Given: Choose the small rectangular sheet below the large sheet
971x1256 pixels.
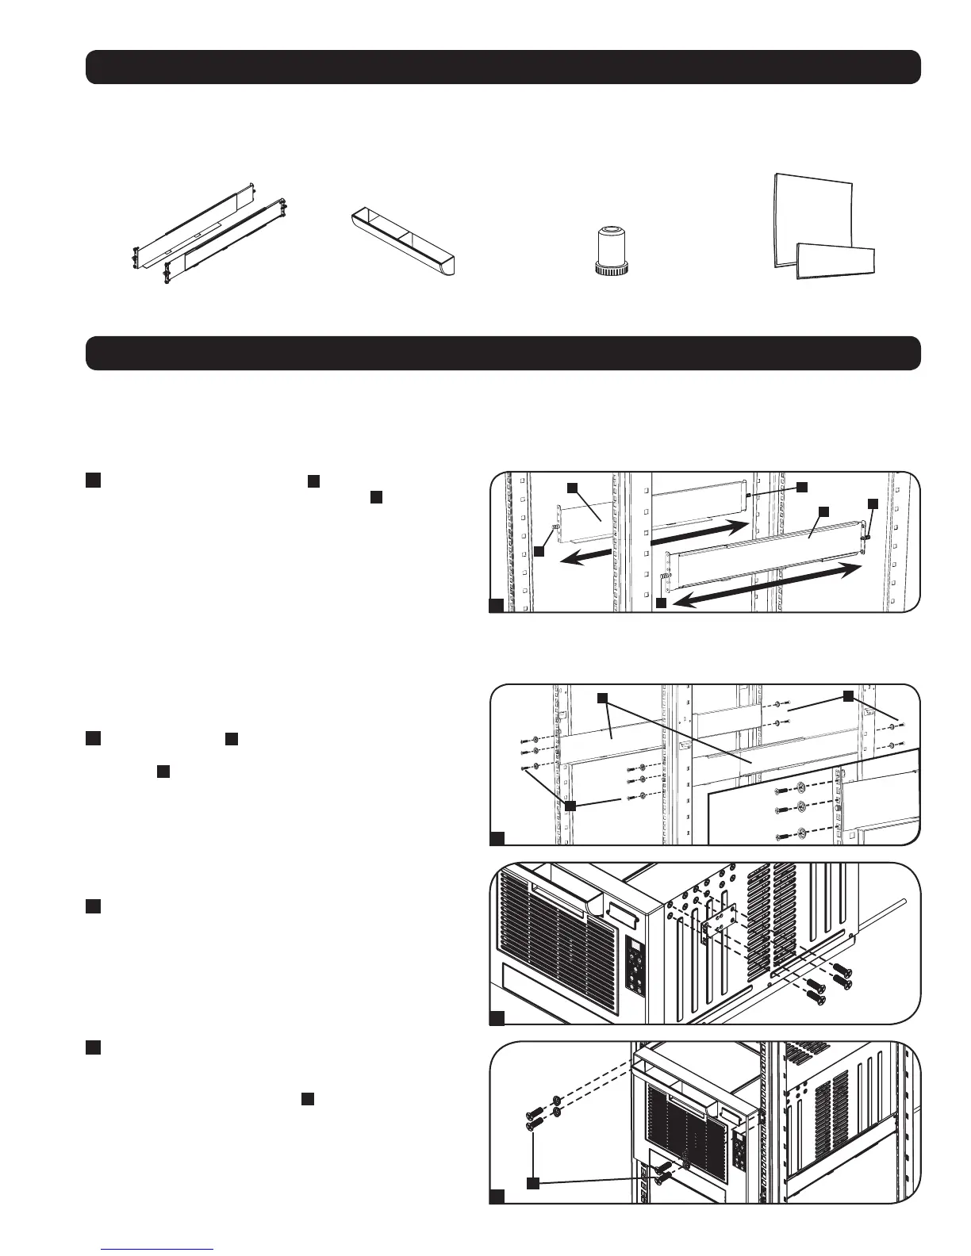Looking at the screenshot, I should [x=835, y=259].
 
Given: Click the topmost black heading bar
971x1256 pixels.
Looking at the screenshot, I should [x=503, y=67].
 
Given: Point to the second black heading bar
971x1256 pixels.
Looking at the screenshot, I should [x=503, y=353].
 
